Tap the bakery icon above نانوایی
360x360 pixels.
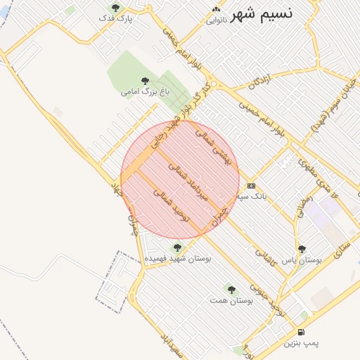(x=216, y=9)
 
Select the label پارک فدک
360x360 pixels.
(x=116, y=19)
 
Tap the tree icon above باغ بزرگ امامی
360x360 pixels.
(x=145, y=81)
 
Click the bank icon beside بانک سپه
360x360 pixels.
(x=252, y=186)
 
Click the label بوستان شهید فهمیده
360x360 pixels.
(x=178, y=258)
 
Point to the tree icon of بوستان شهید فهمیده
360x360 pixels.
(x=177, y=247)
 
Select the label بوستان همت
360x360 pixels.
(x=231, y=300)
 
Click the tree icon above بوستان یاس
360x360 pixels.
(x=302, y=249)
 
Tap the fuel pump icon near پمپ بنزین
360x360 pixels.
(x=302, y=333)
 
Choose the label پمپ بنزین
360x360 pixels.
(x=302, y=344)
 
